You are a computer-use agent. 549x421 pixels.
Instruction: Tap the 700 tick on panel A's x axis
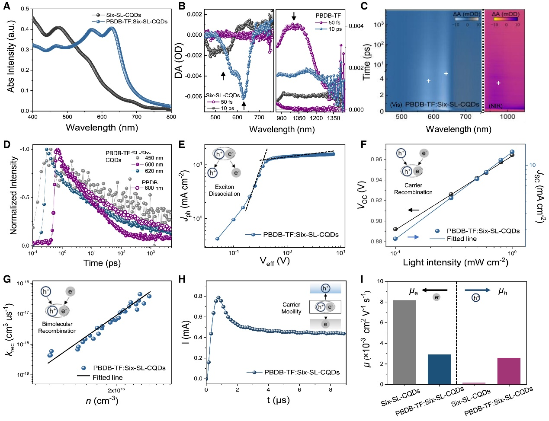click(137, 117)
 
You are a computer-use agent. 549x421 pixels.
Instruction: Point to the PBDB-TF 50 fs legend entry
click(333, 22)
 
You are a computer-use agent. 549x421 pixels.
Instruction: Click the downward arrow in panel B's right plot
click(294, 16)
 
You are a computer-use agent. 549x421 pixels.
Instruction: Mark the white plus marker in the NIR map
click(498, 83)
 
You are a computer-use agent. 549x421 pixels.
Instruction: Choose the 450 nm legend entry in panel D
click(154, 158)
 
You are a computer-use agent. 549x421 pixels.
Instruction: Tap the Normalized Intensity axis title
click(13, 195)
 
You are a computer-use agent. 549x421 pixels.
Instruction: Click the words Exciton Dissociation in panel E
click(224, 191)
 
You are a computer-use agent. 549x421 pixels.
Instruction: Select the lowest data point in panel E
click(218, 239)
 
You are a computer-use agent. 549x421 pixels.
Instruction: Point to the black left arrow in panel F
click(414, 210)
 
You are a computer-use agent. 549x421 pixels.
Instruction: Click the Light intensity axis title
click(455, 262)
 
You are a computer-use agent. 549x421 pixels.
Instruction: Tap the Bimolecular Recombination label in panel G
click(57, 328)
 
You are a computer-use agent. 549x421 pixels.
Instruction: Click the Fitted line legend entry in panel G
click(107, 377)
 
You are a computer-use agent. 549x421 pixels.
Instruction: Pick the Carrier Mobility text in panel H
click(291, 308)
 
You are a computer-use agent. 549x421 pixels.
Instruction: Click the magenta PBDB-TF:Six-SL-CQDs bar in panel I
click(509, 371)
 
